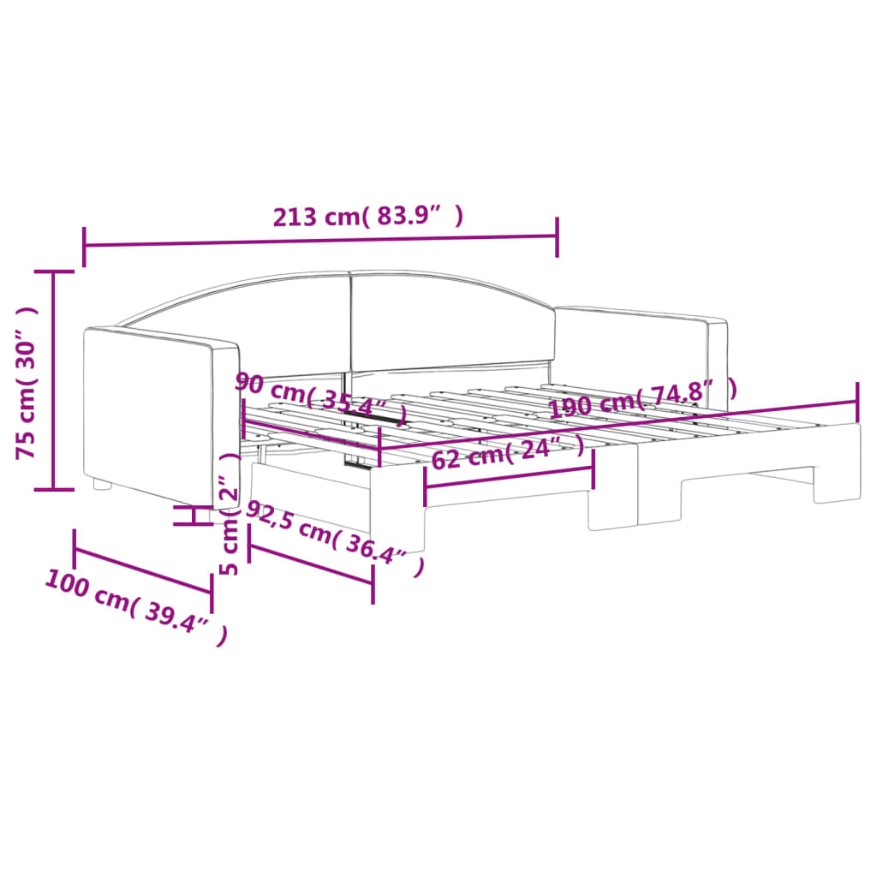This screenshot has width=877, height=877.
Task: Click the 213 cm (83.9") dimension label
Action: [368, 217]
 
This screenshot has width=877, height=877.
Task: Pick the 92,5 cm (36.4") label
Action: [334, 539]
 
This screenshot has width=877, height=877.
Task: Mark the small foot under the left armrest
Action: [102, 485]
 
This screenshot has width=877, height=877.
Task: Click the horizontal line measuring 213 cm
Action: [321, 237]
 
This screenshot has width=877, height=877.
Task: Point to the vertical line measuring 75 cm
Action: [54, 380]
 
